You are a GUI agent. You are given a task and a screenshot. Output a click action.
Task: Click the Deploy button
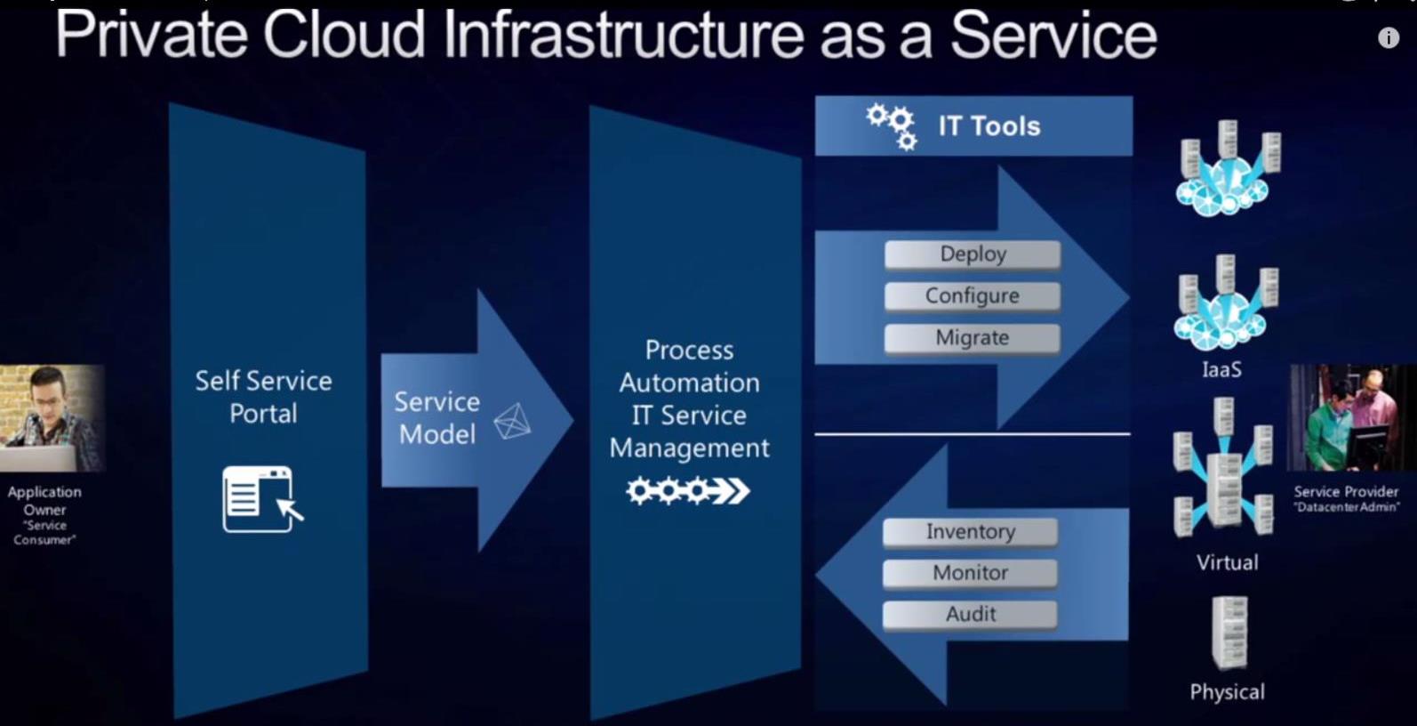tap(973, 254)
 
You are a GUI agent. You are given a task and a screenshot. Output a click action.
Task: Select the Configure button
tap(973, 295)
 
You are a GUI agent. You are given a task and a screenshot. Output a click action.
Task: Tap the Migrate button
tap(973, 338)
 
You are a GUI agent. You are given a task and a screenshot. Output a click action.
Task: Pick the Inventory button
tap(970, 532)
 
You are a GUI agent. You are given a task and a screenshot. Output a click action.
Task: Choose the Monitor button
tap(970, 573)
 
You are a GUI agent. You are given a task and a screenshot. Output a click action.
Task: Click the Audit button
tap(970, 614)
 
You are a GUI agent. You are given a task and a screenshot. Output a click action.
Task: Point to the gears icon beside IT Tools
tap(893, 126)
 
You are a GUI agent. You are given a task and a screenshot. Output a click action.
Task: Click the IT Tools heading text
tap(989, 126)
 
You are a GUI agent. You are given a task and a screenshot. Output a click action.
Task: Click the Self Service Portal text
tap(263, 397)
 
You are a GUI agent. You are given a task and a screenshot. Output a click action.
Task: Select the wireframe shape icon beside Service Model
tap(512, 421)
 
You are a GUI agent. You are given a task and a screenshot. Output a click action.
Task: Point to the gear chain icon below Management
tap(687, 490)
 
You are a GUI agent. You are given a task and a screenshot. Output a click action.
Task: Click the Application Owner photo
tap(52, 417)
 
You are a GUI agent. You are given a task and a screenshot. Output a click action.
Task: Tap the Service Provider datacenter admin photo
tap(1350, 417)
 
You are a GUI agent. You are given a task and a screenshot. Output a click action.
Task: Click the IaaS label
tap(1221, 369)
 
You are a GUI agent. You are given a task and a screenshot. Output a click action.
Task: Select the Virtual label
tap(1227, 562)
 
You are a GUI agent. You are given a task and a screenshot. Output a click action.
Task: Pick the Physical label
tap(1227, 692)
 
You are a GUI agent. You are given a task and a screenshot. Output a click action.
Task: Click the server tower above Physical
tap(1229, 633)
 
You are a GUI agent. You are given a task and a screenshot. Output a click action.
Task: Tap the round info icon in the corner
tap(1389, 37)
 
